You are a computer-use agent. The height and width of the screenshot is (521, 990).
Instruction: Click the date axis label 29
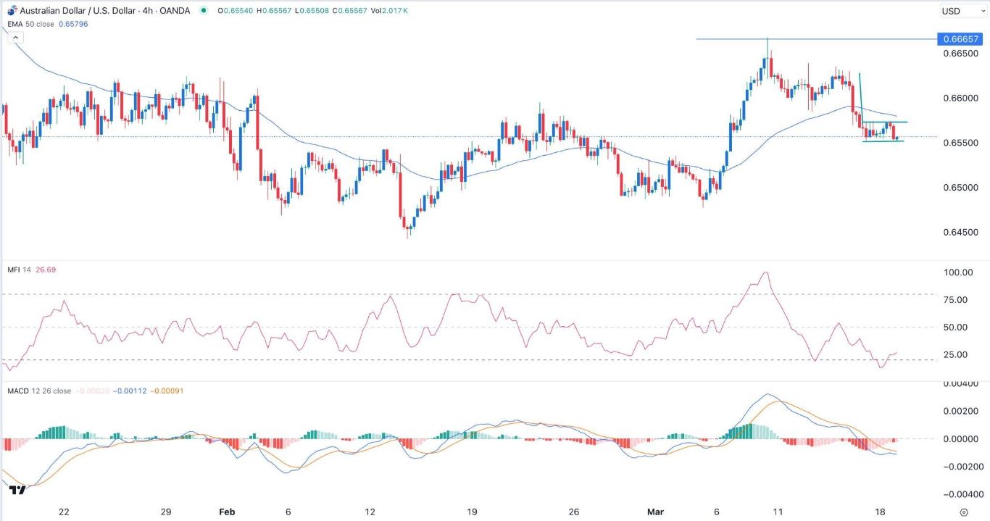click(x=166, y=512)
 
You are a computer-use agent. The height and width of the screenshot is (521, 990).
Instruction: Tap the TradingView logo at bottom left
click(x=18, y=491)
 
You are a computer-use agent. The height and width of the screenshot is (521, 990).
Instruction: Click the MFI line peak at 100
click(x=765, y=272)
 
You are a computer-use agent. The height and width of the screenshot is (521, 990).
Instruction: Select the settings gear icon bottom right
click(x=963, y=512)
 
